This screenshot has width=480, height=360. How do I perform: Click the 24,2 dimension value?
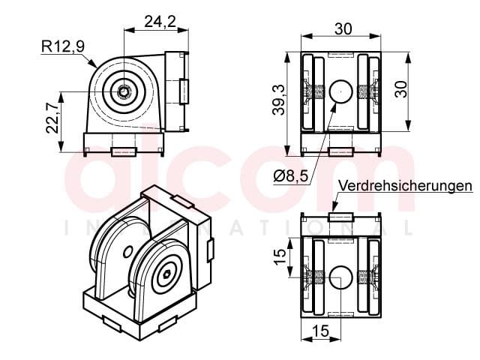click(x=160, y=22)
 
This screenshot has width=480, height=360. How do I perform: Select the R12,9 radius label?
click(x=63, y=46)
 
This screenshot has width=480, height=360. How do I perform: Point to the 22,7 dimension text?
click(x=52, y=118)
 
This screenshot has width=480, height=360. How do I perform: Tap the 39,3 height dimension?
click(x=278, y=100)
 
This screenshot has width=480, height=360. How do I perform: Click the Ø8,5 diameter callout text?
click(x=290, y=176)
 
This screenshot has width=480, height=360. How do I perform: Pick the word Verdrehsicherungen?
click(x=405, y=185)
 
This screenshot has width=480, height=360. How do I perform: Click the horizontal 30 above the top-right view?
click(x=343, y=29)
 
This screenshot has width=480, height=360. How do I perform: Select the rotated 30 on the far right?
click(x=401, y=89)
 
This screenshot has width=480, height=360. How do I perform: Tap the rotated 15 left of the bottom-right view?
click(x=280, y=256)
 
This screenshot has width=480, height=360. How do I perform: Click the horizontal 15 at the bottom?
click(x=321, y=331)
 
